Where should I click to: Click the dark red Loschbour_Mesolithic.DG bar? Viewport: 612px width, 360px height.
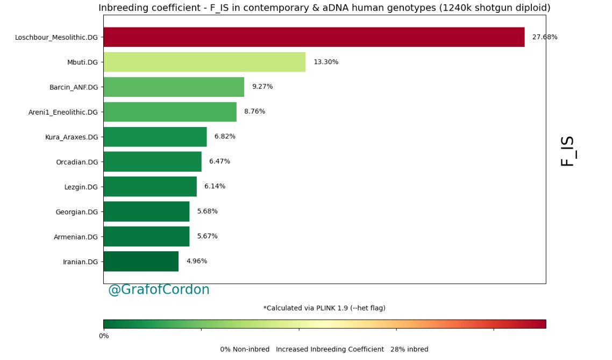(x=314, y=37)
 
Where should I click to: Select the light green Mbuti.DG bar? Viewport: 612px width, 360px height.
(x=204, y=62)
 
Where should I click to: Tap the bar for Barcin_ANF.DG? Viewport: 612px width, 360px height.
(x=174, y=87)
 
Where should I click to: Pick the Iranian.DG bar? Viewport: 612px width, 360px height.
(x=141, y=262)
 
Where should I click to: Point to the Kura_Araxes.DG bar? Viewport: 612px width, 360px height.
(x=155, y=137)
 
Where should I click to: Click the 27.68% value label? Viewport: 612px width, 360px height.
(x=544, y=37)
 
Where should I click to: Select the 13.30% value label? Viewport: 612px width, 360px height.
(x=326, y=62)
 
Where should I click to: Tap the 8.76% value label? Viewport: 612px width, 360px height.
(x=254, y=112)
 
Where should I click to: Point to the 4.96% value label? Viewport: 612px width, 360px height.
(x=197, y=261)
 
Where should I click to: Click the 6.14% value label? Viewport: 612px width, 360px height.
(x=215, y=186)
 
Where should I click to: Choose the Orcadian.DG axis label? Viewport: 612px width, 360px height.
(x=77, y=162)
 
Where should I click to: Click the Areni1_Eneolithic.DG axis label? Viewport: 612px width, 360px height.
(x=63, y=112)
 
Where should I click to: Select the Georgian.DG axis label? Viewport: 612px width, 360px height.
(x=76, y=212)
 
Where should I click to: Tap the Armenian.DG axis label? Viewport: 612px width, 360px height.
(x=76, y=237)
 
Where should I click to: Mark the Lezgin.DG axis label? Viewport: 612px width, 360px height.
(x=81, y=187)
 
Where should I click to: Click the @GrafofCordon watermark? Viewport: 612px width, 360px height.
(x=159, y=290)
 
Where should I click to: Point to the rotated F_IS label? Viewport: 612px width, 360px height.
(x=568, y=151)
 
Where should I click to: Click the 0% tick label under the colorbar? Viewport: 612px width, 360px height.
(x=104, y=336)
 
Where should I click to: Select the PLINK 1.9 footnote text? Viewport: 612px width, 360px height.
(x=324, y=308)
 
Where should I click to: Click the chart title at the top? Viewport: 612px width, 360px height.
(x=324, y=8)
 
